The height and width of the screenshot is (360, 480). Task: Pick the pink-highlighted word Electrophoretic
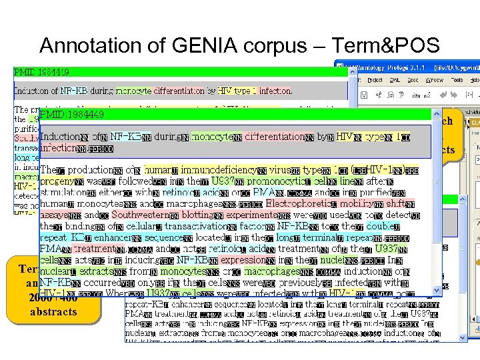click(x=303, y=203)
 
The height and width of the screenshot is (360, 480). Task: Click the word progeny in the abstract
click(x=57, y=181)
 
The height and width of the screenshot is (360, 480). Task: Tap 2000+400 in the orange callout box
click(x=53, y=299)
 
